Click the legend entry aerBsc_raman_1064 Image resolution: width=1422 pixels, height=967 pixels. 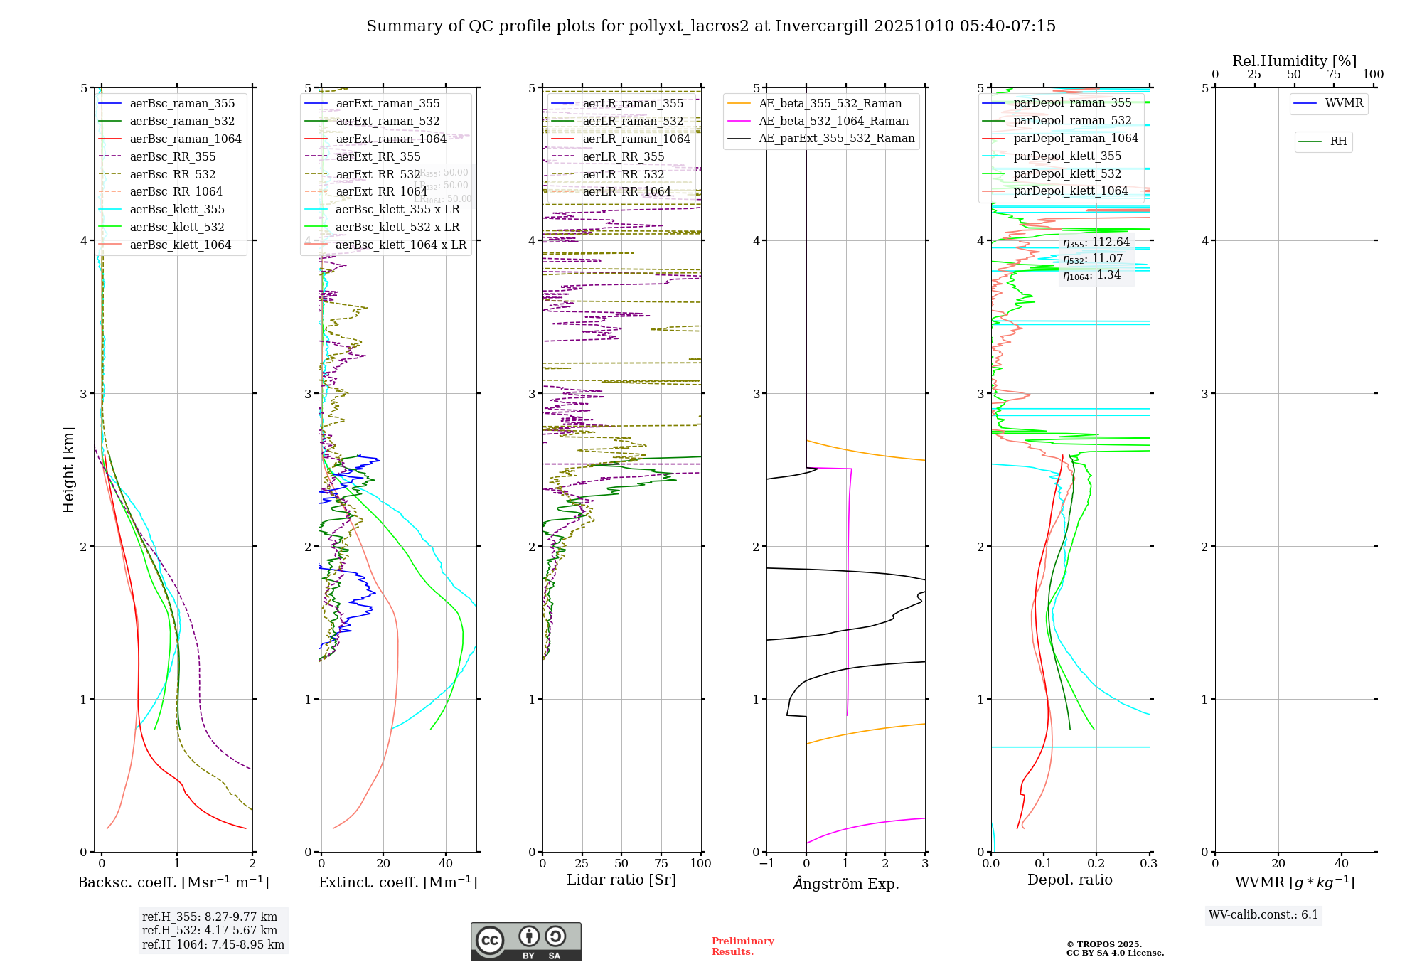(186, 139)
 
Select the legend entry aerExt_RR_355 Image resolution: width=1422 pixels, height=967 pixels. (378, 156)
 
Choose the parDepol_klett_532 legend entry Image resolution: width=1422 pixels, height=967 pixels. (1067, 173)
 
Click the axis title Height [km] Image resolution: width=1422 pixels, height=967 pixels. (68, 469)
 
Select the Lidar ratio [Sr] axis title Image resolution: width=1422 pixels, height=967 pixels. (621, 880)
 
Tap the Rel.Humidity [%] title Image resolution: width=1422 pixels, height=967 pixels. (1294, 61)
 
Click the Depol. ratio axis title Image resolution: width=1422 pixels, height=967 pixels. (1069, 880)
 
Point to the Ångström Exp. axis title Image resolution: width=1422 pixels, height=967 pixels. (845, 883)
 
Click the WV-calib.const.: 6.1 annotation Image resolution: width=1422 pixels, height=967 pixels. (1263, 914)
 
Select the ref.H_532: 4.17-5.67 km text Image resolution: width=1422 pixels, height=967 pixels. (210, 930)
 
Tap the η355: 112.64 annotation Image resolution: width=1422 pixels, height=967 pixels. (1096, 242)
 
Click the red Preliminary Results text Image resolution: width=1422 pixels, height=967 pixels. (742, 946)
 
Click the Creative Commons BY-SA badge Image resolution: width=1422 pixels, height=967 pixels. (525, 941)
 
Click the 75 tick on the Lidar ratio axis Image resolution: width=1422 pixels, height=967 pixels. (661, 863)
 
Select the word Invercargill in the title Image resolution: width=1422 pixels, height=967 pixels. (821, 26)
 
